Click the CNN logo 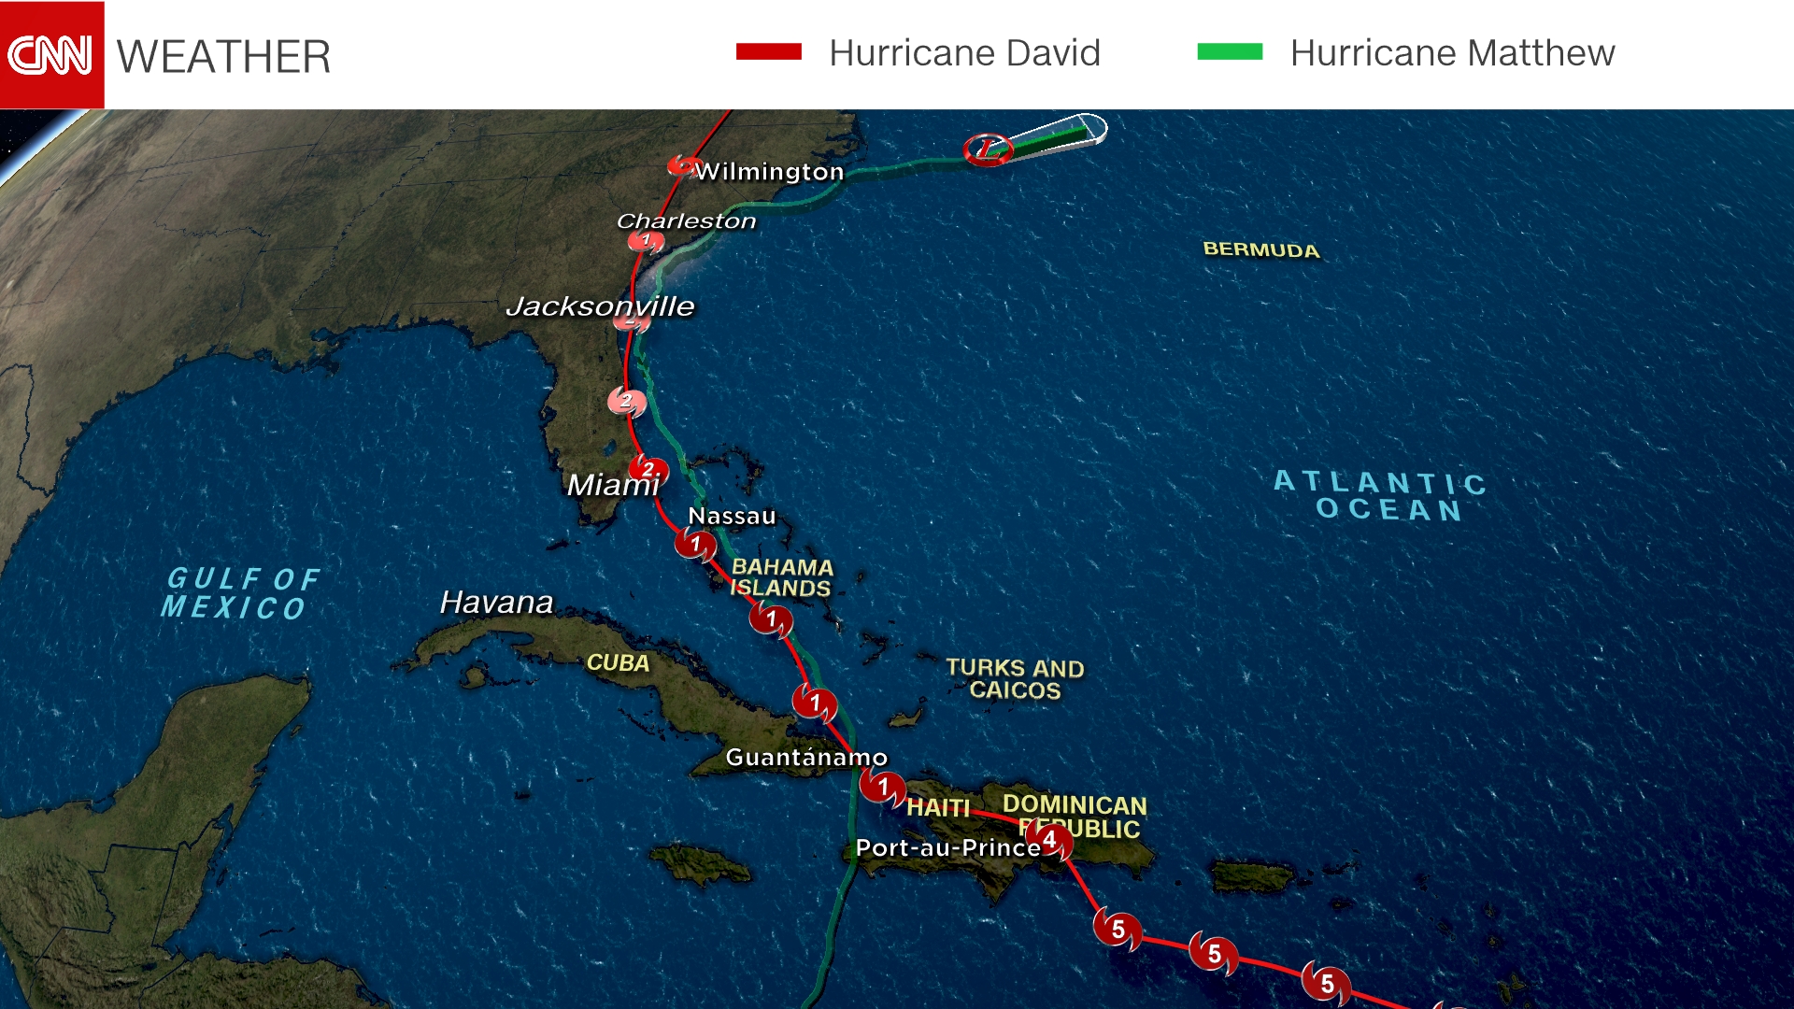coord(51,54)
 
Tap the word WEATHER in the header coord(223,57)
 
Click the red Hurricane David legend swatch coord(768,52)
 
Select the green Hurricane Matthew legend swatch coord(1230,52)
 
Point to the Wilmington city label coord(769,172)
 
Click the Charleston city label coord(686,221)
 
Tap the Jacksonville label coord(600,306)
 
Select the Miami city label coord(612,485)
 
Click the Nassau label coord(732,516)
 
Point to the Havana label coord(496,603)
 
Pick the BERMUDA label coord(1260,249)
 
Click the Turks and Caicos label coord(1015,679)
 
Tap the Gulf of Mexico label coord(241,593)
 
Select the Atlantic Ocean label coord(1381,496)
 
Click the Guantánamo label coord(806,757)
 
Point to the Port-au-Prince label coord(947,847)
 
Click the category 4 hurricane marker coord(1050,840)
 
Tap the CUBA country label coord(618,662)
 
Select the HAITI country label coord(938,807)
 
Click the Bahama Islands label coord(781,577)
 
